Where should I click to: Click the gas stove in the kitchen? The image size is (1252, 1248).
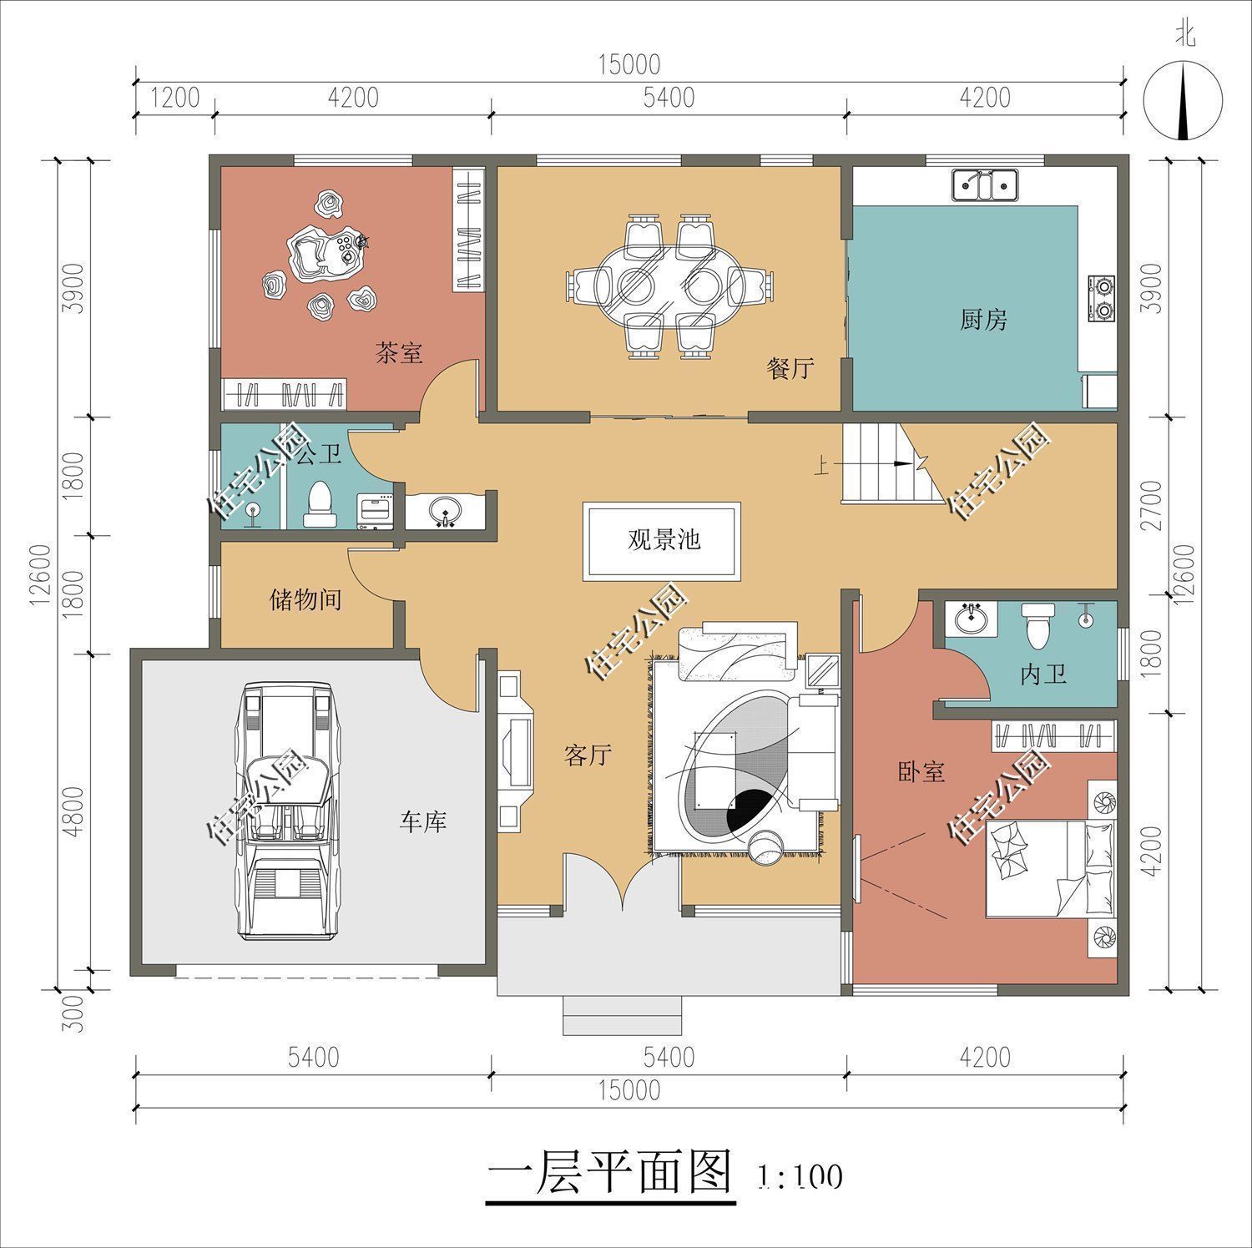tap(1102, 299)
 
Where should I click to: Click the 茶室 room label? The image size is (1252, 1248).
tap(398, 354)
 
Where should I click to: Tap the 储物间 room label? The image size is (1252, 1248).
tap(305, 599)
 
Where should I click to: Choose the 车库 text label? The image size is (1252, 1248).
tap(422, 822)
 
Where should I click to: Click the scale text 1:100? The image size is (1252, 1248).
tap(800, 1177)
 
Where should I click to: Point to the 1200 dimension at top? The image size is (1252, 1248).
tap(174, 99)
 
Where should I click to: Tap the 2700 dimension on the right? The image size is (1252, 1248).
tap(1152, 505)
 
